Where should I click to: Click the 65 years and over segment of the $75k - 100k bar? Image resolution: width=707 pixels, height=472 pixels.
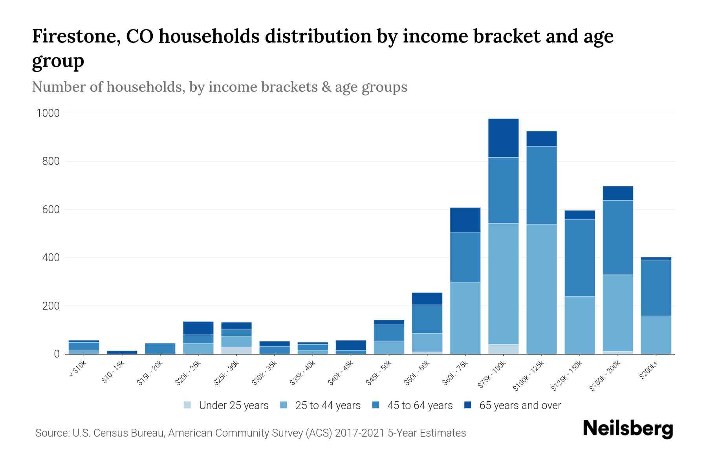tap(503, 138)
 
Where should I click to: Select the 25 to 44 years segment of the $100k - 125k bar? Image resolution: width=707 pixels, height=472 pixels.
tap(541, 289)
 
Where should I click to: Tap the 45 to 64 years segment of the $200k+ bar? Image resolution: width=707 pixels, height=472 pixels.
tap(656, 288)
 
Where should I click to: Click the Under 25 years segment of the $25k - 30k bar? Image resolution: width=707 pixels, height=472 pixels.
tap(236, 350)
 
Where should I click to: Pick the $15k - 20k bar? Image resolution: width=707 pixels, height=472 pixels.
tap(160, 348)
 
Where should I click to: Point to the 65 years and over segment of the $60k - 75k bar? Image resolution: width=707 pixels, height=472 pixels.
tap(465, 220)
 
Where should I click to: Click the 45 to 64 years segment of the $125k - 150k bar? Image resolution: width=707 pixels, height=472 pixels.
tap(579, 258)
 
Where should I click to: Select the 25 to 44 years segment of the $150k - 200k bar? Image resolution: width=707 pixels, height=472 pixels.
tap(617, 313)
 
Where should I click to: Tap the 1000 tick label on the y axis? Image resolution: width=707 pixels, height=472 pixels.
tap(48, 113)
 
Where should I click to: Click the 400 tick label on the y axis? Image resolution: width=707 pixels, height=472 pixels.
tap(51, 258)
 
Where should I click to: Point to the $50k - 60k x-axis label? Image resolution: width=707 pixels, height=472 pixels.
tap(417, 373)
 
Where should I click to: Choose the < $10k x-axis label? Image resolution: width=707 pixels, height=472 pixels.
tap(78, 370)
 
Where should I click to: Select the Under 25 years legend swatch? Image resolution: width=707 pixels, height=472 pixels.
tap(187, 405)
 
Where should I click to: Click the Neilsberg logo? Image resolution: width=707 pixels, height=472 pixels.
tap(628, 428)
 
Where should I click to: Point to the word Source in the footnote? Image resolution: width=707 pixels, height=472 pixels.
tap(51, 433)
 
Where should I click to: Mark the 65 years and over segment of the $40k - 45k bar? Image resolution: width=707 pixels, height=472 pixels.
tap(351, 345)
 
